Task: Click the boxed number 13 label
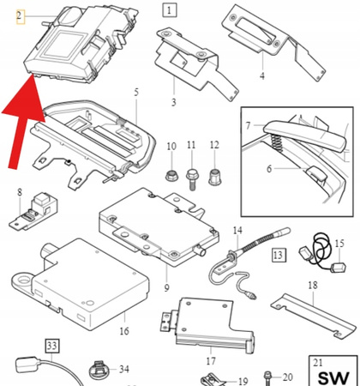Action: [278, 255]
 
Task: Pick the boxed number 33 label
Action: [53, 347]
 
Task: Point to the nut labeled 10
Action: [170, 176]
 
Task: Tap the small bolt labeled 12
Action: [214, 175]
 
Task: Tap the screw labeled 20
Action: [269, 377]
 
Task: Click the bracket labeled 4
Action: [257, 34]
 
